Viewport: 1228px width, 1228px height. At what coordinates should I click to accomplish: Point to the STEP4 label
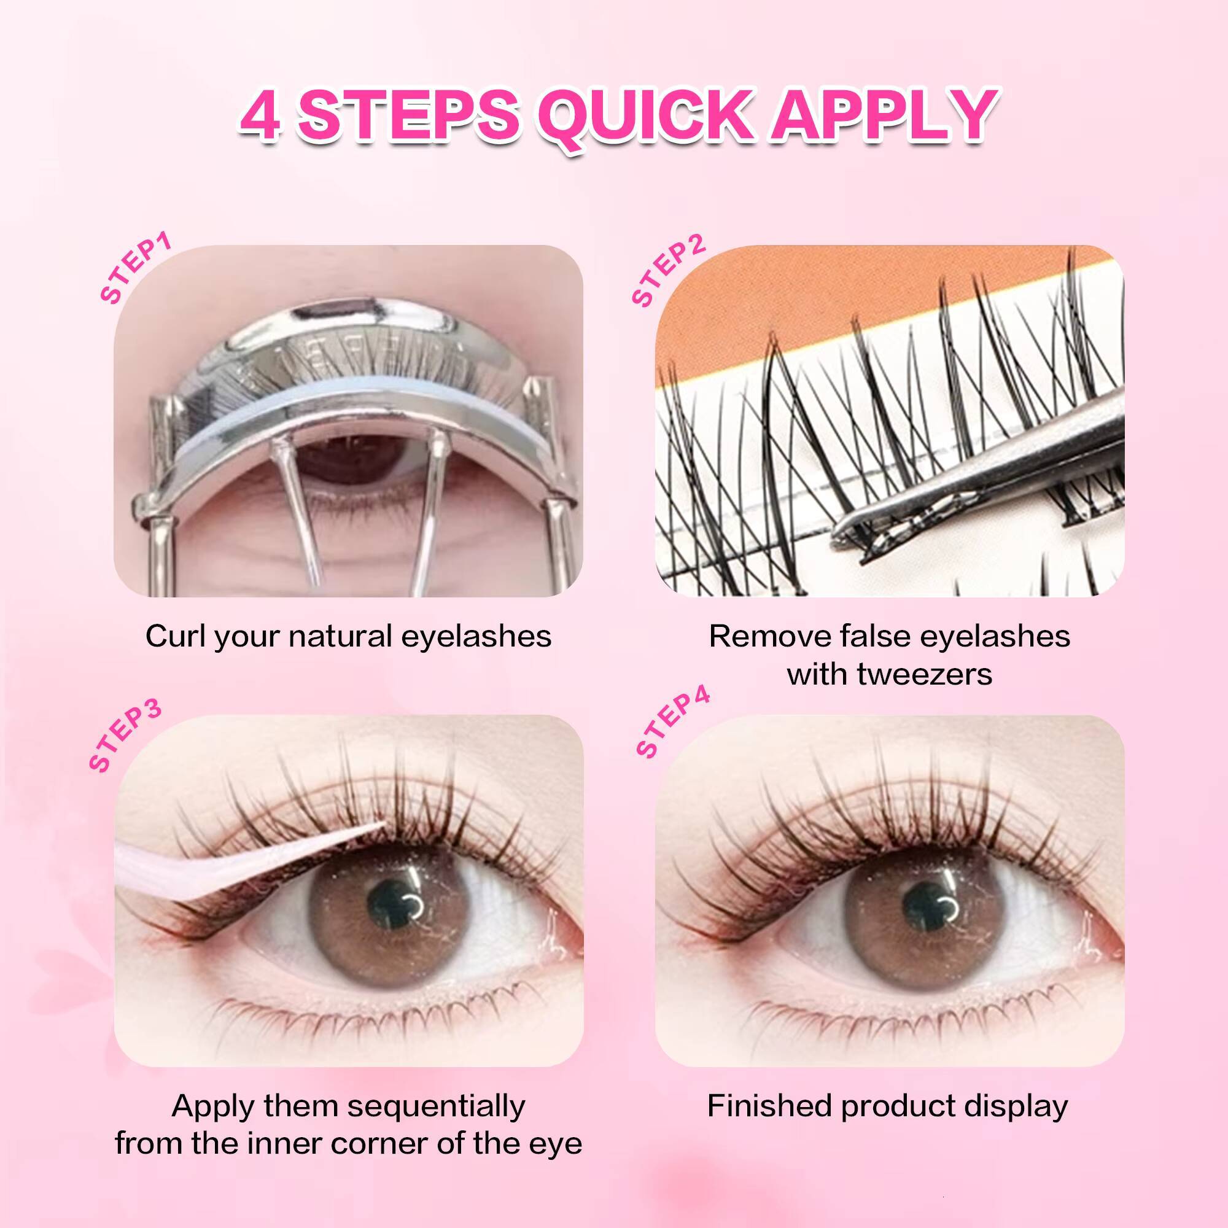(672, 725)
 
